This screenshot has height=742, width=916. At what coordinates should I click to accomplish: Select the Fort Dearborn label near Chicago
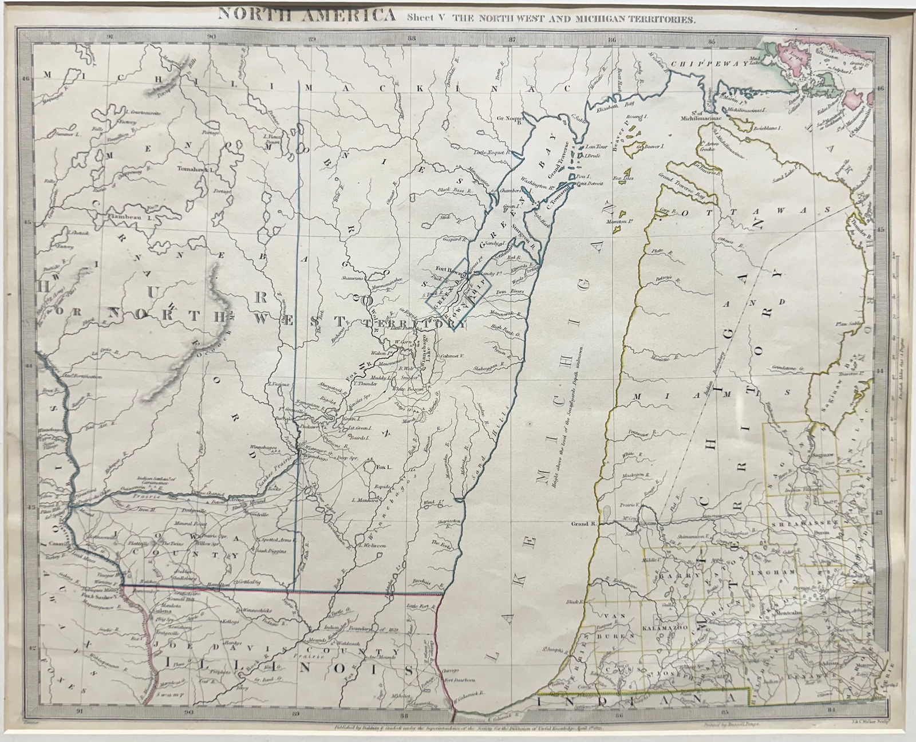455,681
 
